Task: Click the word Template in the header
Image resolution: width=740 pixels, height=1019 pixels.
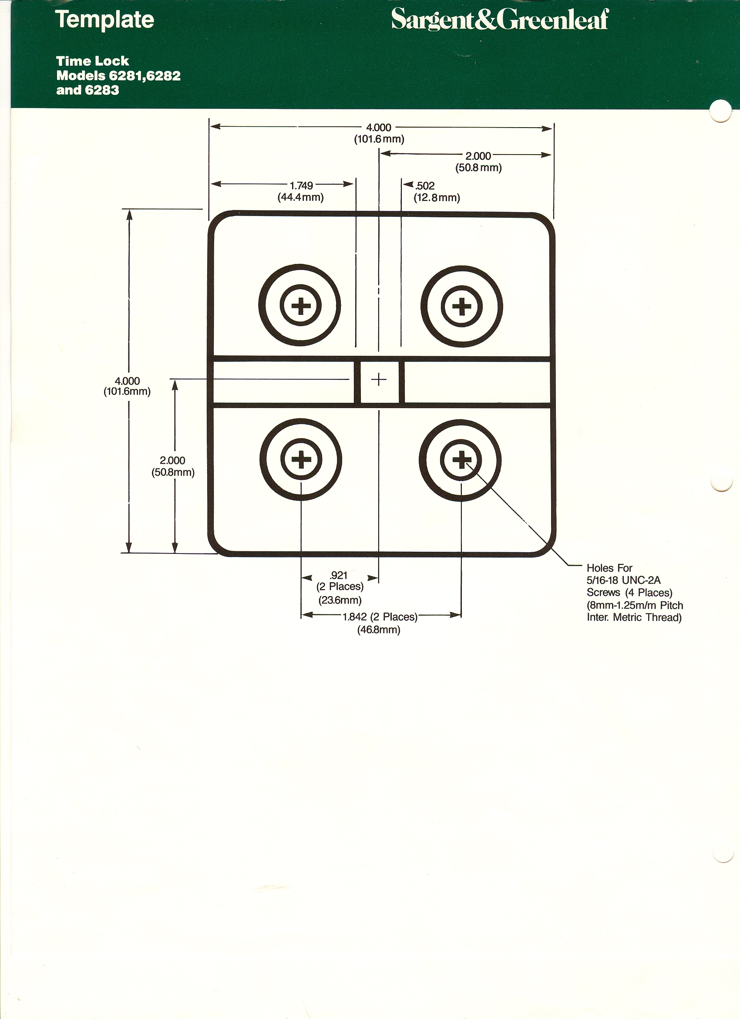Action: click(x=104, y=20)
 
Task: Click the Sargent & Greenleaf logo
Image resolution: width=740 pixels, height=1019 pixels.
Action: click(x=500, y=20)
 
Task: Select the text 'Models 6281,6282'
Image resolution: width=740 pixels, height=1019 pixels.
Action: click(x=118, y=76)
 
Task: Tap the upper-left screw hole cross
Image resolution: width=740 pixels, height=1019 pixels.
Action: click(x=300, y=307)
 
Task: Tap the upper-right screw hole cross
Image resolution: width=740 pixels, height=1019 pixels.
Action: click(x=461, y=307)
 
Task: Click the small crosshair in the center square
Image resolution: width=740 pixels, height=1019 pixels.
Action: click(x=379, y=380)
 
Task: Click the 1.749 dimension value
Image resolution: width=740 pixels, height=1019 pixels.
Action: click(x=301, y=186)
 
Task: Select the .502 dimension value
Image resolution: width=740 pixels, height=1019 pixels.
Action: click(x=425, y=186)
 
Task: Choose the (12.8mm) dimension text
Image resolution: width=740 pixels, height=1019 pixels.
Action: click(x=437, y=198)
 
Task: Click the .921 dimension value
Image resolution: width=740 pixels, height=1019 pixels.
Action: click(x=339, y=575)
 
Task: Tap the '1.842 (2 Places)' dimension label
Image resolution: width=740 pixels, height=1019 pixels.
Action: click(x=380, y=617)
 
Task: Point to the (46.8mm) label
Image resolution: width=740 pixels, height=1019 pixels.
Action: click(x=379, y=629)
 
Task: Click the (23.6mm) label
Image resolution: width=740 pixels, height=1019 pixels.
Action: click(x=340, y=600)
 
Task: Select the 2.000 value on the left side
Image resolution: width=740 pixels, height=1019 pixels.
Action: click(x=172, y=461)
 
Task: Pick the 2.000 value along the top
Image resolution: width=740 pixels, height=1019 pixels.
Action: click(x=478, y=156)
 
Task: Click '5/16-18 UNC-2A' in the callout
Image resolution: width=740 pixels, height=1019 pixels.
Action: click(x=624, y=580)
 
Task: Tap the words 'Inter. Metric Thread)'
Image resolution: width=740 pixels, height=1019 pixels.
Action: click(x=634, y=617)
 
